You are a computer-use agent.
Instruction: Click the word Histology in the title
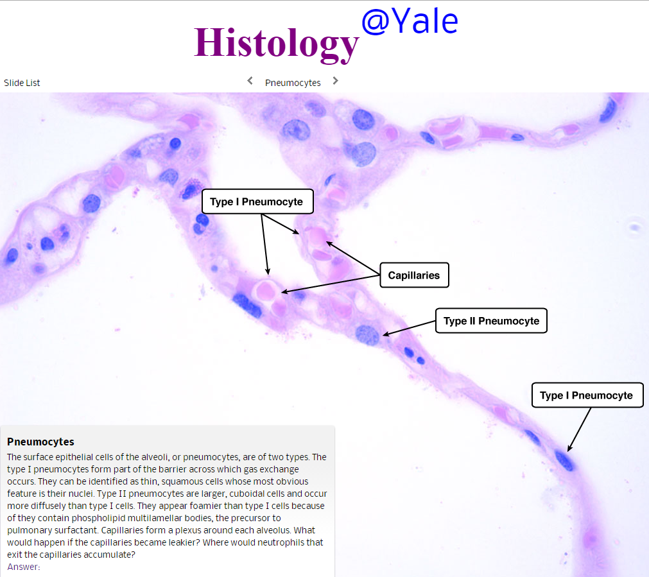tap(276, 43)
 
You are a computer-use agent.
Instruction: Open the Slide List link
tap(22, 83)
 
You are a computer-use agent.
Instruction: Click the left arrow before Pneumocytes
tap(250, 81)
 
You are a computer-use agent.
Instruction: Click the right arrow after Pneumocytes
tap(335, 81)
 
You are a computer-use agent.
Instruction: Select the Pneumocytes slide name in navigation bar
tap(293, 83)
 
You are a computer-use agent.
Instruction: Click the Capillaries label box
tap(413, 275)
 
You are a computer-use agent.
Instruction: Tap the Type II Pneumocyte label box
tap(491, 320)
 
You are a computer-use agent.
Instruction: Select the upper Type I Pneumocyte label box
tap(256, 202)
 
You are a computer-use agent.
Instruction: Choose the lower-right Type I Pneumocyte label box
tap(586, 395)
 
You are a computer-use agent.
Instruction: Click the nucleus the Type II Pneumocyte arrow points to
tap(368, 334)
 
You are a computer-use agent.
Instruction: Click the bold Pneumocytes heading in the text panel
tap(40, 442)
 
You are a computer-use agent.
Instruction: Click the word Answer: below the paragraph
tap(24, 567)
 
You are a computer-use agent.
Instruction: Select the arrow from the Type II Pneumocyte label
tap(411, 326)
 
